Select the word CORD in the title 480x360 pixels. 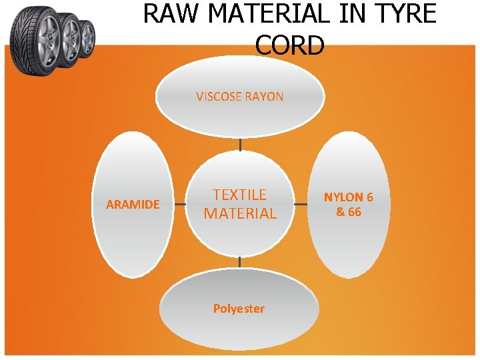point(290,45)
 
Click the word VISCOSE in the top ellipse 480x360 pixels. point(219,97)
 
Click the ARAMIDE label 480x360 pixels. point(133,205)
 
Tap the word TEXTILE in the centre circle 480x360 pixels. point(240,195)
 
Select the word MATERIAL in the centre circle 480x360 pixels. point(240,214)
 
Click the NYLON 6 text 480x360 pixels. point(349,197)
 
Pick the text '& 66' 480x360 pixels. point(349,212)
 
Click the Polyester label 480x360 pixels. point(239,309)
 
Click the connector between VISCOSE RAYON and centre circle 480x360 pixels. point(240,145)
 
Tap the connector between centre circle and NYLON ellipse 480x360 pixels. point(301,205)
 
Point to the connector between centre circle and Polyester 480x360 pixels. point(240,263)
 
